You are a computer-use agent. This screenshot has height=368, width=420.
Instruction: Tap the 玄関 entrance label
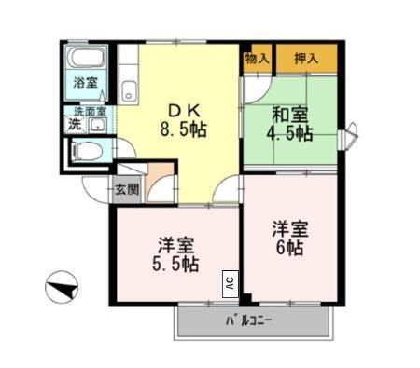click(x=126, y=190)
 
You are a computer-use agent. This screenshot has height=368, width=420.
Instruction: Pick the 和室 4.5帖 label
click(x=290, y=123)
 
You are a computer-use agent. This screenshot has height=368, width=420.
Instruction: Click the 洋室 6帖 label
click(x=288, y=238)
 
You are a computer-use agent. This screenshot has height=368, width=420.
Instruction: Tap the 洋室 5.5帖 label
click(x=176, y=254)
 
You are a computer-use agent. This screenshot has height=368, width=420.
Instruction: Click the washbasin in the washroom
click(x=96, y=124)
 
